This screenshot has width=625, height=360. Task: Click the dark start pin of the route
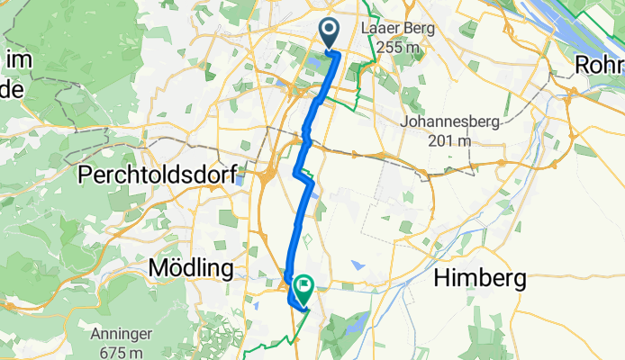click(329, 32)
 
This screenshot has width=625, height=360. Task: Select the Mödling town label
click(191, 268)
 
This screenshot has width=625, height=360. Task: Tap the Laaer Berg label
click(397, 29)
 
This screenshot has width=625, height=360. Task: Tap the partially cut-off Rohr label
click(601, 66)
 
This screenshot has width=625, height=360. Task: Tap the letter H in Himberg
click(441, 279)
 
